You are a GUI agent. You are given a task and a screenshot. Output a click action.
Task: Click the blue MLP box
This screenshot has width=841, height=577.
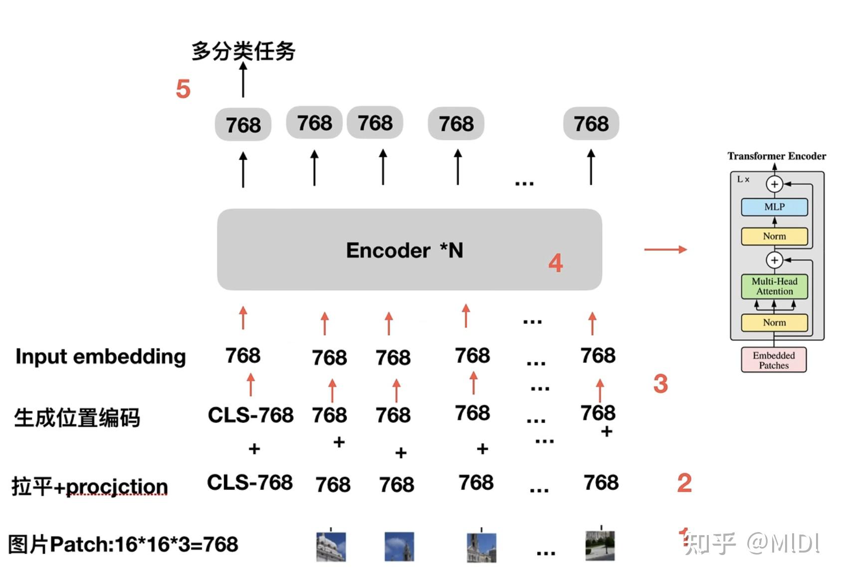pos(774,207)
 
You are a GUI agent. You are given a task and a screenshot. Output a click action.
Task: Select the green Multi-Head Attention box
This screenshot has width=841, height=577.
pos(774,287)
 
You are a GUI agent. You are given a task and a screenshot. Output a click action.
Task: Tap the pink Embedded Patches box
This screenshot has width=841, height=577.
pos(774,360)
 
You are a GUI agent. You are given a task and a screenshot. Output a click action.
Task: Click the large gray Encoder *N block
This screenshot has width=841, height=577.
pos(409,250)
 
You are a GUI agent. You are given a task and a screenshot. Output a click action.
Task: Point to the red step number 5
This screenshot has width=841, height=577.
pos(183,89)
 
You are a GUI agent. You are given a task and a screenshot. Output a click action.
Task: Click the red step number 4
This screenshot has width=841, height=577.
pos(555,263)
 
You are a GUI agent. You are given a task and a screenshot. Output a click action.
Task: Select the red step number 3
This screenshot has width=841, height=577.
pos(660,384)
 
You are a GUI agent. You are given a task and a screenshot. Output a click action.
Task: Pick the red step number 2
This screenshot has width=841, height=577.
pos(684,483)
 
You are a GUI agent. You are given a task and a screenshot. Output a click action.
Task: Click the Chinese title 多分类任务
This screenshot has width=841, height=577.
pos(243,51)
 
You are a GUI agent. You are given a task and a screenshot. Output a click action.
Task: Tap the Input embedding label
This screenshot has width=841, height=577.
pos(101,356)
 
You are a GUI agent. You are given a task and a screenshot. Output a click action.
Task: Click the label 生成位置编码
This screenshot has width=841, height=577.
pos(77,418)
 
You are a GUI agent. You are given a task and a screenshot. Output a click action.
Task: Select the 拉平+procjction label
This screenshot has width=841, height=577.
pos(90,486)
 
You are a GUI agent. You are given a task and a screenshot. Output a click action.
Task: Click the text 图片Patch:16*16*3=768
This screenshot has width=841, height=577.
pos(123,544)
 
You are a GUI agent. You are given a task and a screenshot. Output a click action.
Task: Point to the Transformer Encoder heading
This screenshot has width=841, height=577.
pos(776,156)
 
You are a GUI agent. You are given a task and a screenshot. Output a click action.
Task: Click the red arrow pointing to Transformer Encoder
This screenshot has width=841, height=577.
pos(665,250)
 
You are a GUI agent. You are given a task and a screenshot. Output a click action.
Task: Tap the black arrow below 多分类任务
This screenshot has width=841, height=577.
pos(243,80)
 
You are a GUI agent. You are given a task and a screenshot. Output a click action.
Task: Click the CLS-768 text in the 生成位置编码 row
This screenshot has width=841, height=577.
pos(250,415)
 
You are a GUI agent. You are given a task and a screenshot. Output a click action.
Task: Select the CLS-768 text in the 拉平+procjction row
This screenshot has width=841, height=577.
pos(249,483)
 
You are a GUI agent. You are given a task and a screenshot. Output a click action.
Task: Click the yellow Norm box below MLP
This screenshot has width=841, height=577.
pos(774,236)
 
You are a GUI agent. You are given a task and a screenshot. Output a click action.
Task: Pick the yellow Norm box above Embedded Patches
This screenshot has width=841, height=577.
pos(774,322)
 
